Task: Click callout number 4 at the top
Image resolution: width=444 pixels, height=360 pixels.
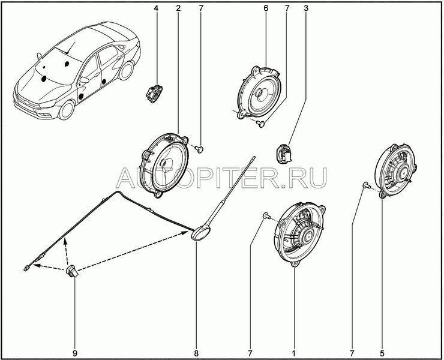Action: (156, 8)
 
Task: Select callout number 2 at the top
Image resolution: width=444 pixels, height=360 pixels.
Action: (178, 8)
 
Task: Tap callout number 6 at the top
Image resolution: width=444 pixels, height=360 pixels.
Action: (266, 8)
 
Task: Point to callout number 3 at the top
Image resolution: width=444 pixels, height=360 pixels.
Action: (306, 8)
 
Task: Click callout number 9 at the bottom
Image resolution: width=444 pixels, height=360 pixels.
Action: (75, 353)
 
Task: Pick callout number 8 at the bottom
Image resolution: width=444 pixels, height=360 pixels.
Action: (196, 353)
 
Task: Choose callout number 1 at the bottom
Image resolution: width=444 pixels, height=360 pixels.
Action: (293, 353)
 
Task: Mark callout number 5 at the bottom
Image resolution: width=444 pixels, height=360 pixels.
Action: (382, 353)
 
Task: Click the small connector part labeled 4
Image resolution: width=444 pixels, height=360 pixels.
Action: (154, 92)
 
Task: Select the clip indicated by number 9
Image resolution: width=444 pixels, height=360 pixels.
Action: (72, 271)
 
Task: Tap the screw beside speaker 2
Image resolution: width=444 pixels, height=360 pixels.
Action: (200, 149)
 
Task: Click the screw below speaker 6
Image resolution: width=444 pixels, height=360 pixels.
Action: (260, 124)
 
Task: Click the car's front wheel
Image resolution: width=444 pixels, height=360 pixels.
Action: (67, 110)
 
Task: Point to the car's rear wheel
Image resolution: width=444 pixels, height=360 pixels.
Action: (126, 71)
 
